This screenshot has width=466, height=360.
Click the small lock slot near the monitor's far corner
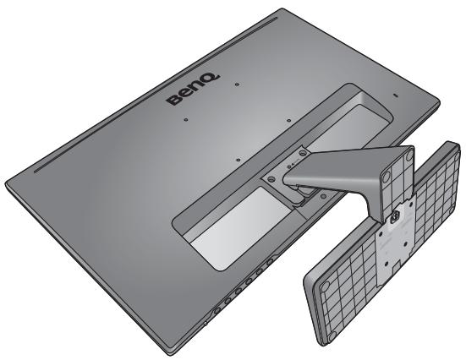click(x=392, y=95)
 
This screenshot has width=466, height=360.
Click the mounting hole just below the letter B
click(x=184, y=118)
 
